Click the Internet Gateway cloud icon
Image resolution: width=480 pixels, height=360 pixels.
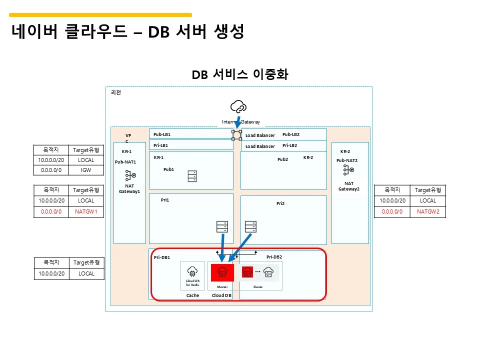click(238, 106)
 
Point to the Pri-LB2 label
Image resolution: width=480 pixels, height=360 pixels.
click(289, 145)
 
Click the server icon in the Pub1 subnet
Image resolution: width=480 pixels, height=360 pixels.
click(192, 176)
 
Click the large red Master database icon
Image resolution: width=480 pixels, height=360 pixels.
click(222, 272)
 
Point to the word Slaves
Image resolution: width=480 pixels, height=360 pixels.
click(258, 287)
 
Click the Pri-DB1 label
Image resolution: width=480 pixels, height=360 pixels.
click(162, 257)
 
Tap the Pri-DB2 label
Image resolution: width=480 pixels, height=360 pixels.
click(274, 256)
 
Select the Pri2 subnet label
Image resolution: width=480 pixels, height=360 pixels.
click(280, 203)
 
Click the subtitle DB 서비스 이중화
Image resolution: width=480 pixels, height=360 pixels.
click(239, 74)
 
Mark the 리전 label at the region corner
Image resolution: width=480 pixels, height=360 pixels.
click(115, 92)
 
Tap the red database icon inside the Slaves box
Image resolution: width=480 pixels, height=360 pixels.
click(247, 272)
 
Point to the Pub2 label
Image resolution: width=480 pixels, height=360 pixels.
click(282, 159)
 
